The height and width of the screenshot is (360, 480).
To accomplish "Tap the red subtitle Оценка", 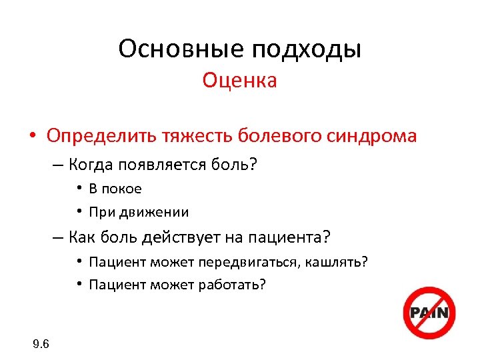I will pos(240,81).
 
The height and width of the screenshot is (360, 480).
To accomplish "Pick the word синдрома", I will pos(372,137).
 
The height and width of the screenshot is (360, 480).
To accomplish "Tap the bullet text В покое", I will pos(115,189).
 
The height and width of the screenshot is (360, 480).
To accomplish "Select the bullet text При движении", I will pos(138,213).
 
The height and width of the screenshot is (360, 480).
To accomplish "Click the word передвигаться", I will pos(261,261).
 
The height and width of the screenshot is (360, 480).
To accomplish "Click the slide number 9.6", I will pos(41,344).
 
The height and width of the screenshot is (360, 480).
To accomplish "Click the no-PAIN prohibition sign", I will pos(430,313).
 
